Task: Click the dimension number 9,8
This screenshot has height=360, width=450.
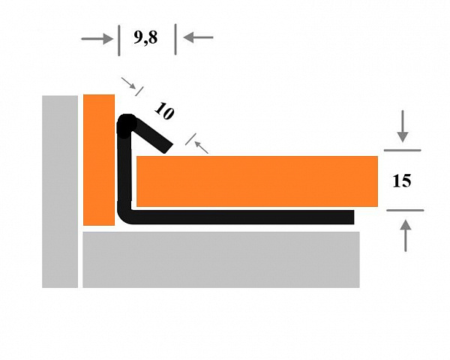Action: coord(145,37)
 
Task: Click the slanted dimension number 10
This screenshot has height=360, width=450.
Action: coord(164,110)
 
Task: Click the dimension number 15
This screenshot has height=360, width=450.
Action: coord(401,181)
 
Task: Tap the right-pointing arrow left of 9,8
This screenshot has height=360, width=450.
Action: coord(97,39)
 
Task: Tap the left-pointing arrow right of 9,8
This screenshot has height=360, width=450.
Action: coord(198,37)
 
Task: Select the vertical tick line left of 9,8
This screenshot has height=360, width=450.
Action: coord(118,40)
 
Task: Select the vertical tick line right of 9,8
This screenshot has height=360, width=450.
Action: coord(175,39)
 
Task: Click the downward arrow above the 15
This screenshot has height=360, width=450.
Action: coord(403,126)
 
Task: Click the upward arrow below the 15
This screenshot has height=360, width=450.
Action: coord(405,235)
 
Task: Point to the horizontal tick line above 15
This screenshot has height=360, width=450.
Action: coord(402,150)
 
